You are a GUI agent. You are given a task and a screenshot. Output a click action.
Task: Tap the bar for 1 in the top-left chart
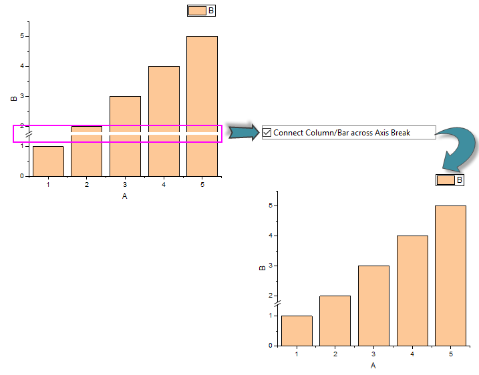[48, 161]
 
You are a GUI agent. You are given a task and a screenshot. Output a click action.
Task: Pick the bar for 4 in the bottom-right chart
[412, 290]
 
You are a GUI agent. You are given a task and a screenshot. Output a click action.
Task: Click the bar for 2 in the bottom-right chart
[335, 320]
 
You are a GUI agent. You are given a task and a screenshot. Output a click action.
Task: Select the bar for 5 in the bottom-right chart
[450, 275]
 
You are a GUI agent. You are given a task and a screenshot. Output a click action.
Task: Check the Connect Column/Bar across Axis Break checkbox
[267, 133]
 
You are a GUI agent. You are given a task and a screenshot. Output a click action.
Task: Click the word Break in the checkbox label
[398, 133]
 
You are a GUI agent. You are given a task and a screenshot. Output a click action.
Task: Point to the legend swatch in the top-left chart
[197, 11]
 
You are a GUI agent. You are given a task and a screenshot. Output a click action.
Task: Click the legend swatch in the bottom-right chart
[446, 180]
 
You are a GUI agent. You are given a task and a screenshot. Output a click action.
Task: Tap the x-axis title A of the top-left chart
[125, 196]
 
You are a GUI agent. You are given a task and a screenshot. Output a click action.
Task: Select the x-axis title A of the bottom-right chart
[373, 366]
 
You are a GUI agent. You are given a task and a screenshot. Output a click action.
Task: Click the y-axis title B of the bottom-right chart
[261, 268]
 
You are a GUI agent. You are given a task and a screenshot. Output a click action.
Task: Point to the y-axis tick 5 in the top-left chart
[22, 36]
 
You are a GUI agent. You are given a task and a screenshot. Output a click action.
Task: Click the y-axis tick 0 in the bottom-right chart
[270, 346]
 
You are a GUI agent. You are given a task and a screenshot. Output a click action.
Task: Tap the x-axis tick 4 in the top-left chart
[164, 185]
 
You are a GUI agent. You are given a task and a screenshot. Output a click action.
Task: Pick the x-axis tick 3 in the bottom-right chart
[373, 354]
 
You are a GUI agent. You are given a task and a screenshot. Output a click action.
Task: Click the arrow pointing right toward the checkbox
[244, 129]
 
